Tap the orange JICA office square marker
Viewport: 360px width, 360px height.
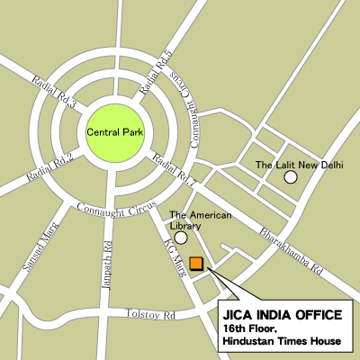[196, 263]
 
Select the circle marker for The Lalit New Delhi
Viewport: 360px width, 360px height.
[291, 178]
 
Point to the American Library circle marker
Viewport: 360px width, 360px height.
[181, 238]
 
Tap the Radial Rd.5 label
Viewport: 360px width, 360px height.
[157, 74]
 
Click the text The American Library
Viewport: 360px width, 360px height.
[201, 220]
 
